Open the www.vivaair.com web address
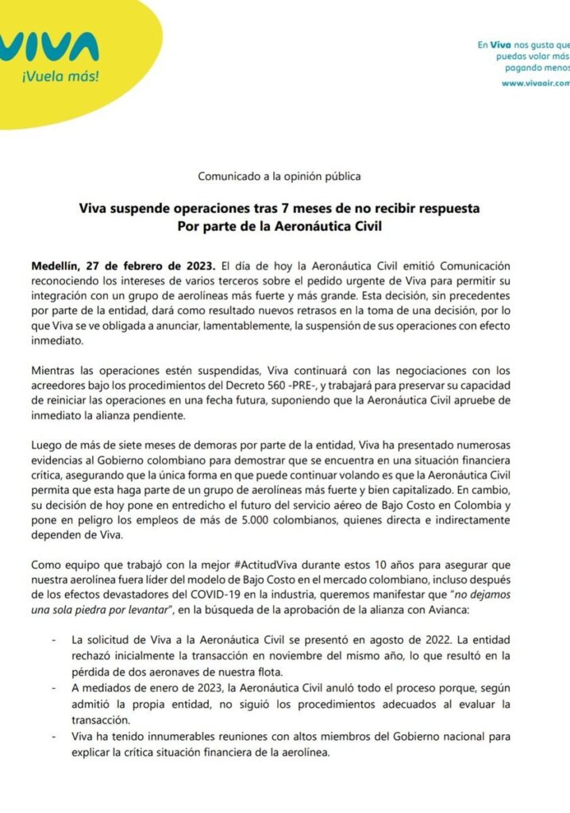536,83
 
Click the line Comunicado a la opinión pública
284,175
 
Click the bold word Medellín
56,265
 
